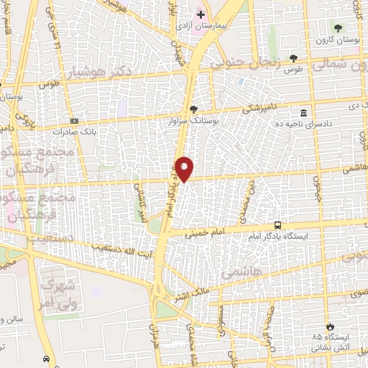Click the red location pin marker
(185, 169)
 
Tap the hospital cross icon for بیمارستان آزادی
(201, 14)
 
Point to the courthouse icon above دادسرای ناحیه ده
(304, 114)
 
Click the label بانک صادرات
(74, 132)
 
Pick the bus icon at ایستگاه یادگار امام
(277, 224)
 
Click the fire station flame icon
(330, 326)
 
